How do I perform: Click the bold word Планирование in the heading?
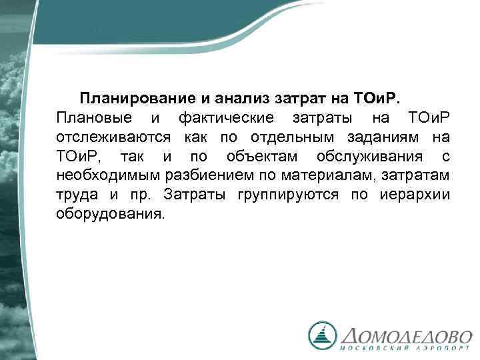coord(135,99)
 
